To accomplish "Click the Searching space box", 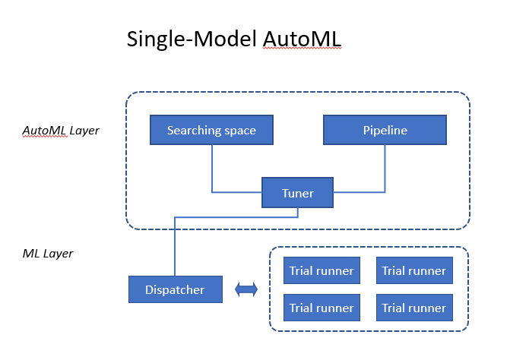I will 211,130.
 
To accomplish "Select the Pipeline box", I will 385,130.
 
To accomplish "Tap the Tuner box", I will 298,193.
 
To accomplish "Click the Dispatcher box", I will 176,289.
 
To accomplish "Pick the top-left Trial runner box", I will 322,270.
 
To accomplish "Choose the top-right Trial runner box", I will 414,270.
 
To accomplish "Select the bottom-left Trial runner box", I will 322,308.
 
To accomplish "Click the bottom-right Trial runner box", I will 414,308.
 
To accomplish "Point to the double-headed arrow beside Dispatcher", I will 246,289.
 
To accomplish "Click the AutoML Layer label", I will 61,131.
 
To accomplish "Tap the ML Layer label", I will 48,253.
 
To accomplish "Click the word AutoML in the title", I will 304,39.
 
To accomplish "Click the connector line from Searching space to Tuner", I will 212,171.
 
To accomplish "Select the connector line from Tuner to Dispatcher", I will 176,243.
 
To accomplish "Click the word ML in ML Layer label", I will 31,253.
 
